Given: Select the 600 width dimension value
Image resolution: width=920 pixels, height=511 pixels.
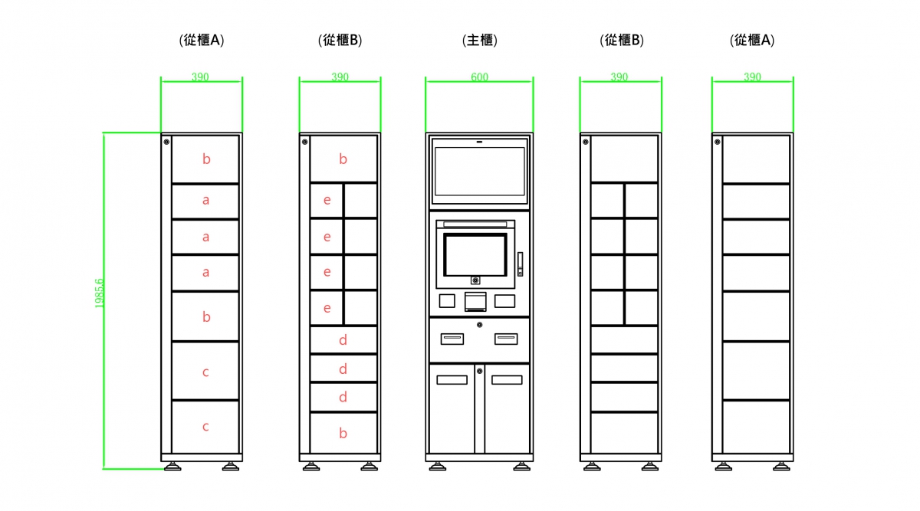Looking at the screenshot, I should (479, 77).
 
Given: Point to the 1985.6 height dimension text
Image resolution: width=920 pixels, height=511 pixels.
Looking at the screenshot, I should (100, 293).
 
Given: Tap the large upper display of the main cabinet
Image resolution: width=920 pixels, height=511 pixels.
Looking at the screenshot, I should (479, 171).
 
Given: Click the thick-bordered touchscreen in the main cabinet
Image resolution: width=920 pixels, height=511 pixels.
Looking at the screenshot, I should (475, 254).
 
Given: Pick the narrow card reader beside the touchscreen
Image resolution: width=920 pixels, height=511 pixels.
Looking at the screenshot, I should (520, 264).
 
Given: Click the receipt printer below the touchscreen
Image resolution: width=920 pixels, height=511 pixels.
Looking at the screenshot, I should (475, 301).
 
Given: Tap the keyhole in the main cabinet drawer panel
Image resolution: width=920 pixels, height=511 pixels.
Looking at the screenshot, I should (479, 325).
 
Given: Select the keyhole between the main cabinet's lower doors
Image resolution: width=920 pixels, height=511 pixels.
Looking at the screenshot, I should (479, 372).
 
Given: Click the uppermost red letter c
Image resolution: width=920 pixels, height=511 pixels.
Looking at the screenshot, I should (205, 372).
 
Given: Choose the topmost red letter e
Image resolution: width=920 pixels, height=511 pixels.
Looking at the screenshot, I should (327, 201).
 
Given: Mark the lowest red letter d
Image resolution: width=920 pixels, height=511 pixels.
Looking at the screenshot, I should (343, 397).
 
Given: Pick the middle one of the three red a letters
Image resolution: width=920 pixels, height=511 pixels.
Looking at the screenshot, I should (205, 237).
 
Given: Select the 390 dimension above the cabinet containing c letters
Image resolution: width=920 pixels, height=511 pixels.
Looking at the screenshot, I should (200, 77).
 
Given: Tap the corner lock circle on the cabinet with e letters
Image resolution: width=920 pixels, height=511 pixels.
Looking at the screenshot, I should (304, 142).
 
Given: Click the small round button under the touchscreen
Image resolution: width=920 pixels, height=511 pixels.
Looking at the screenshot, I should (475, 280).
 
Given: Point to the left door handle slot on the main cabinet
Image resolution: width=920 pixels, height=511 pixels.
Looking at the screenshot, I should (452, 379).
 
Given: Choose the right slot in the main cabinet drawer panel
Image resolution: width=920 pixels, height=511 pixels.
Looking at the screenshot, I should (505, 339).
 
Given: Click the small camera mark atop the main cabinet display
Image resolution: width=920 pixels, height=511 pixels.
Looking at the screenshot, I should (479, 141).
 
